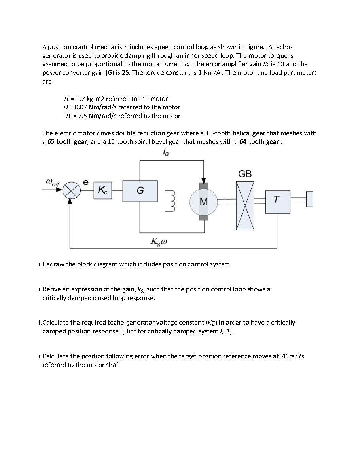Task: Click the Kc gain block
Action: pyautogui.click(x=102, y=191)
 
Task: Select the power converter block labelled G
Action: pyautogui.click(x=140, y=191)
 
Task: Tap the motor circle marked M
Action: pyautogui.click(x=204, y=202)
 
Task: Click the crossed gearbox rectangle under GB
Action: pyautogui.click(x=245, y=205)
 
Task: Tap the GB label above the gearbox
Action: pyautogui.click(x=245, y=174)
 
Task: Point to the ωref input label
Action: pyautogui.click(x=53, y=183)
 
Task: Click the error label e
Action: pyautogui.click(x=85, y=182)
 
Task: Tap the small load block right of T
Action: pyautogui.click(x=309, y=199)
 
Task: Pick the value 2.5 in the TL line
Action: pyautogui.click(x=82, y=116)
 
